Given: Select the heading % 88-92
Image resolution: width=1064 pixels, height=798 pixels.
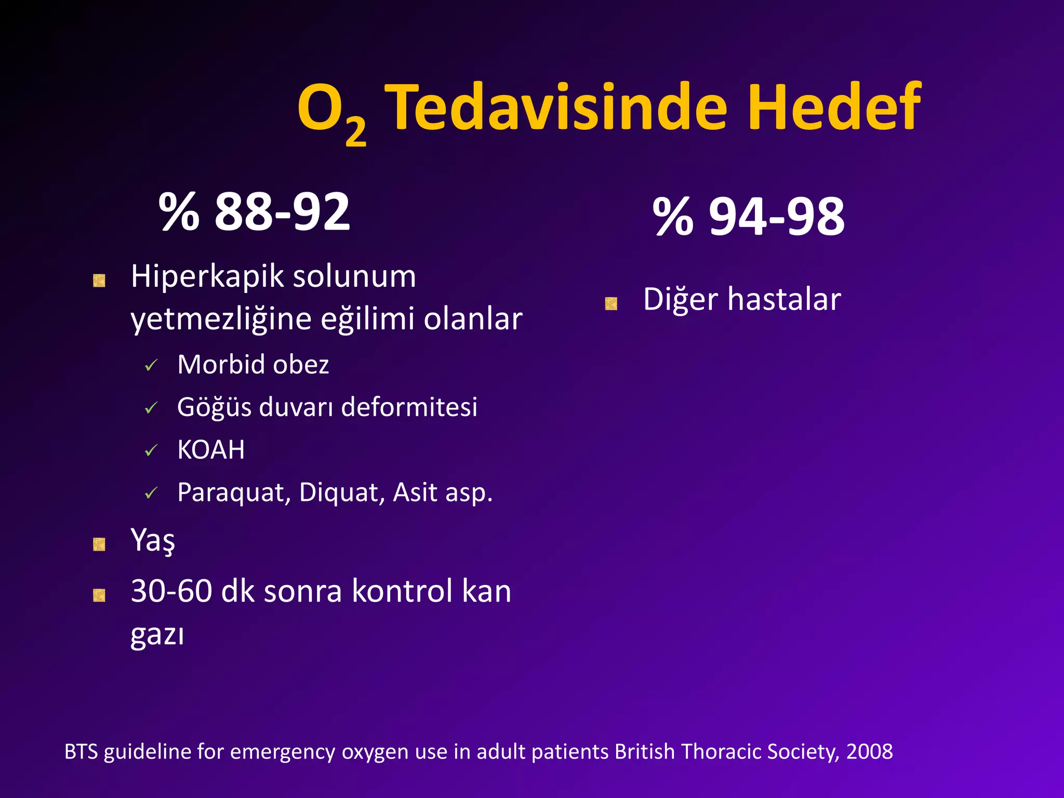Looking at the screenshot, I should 254,211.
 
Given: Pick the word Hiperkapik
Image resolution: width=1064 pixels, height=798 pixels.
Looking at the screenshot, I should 208,276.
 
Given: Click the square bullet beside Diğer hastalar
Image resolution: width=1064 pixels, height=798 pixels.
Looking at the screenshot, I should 611,303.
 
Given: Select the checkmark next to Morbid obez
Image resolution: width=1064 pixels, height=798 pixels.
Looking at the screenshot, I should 151,366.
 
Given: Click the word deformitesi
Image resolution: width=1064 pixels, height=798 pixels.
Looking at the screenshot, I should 409,407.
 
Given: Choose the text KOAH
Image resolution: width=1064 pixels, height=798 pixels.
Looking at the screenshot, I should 211,450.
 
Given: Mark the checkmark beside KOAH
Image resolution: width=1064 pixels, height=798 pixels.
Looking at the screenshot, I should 151,450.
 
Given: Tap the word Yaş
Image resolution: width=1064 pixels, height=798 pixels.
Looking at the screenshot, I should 153,540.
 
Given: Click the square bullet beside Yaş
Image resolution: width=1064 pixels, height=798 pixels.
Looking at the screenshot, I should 99,544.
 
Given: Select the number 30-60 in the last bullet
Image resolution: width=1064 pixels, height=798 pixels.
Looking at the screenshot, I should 171,591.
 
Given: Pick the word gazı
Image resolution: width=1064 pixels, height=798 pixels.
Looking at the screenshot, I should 157,635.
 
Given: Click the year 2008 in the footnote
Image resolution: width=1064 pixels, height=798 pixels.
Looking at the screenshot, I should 869,752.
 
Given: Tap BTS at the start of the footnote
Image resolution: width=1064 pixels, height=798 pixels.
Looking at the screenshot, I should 81,752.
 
